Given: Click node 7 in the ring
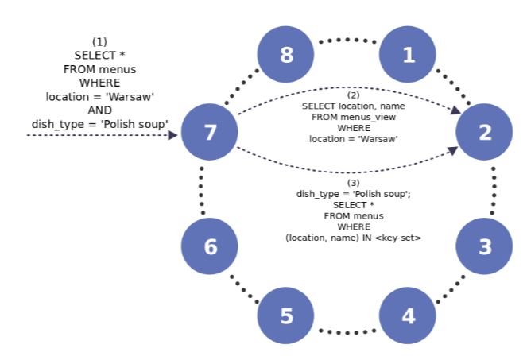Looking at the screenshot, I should pyautogui.click(x=210, y=132).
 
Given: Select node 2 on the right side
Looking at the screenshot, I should pyautogui.click(x=484, y=132).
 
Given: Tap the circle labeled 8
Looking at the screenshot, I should pyautogui.click(x=286, y=55).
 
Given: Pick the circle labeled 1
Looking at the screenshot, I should pyautogui.click(x=408, y=55).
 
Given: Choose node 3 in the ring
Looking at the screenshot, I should pyautogui.click(x=484, y=246).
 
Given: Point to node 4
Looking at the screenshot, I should pyautogui.click(x=408, y=315).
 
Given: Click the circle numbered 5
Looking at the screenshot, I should pyautogui.click(x=286, y=315).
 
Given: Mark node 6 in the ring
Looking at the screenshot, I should pyautogui.click(x=210, y=246).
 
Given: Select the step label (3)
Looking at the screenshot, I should pyautogui.click(x=354, y=183).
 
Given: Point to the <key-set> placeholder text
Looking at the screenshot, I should pyautogui.click(x=397, y=238).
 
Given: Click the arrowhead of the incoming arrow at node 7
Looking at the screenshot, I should pyautogui.click(x=172, y=136).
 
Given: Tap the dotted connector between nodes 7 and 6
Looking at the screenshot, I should pyautogui.click(x=202, y=191).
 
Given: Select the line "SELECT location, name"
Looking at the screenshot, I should pyautogui.click(x=354, y=106).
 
